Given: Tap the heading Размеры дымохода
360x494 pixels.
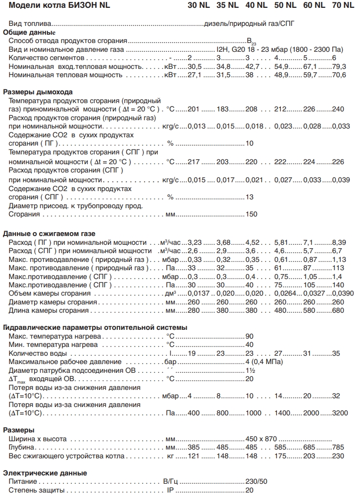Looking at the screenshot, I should click(38, 91).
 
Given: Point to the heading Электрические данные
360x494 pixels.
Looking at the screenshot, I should click(45, 473).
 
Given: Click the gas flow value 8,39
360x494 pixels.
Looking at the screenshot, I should click(339, 242).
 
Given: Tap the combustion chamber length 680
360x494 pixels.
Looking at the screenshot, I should click(338, 310).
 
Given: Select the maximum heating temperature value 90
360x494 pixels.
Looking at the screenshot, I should click(250, 336).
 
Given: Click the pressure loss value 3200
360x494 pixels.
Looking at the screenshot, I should click(340, 413).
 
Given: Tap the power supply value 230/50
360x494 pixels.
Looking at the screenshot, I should click(255, 481).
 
